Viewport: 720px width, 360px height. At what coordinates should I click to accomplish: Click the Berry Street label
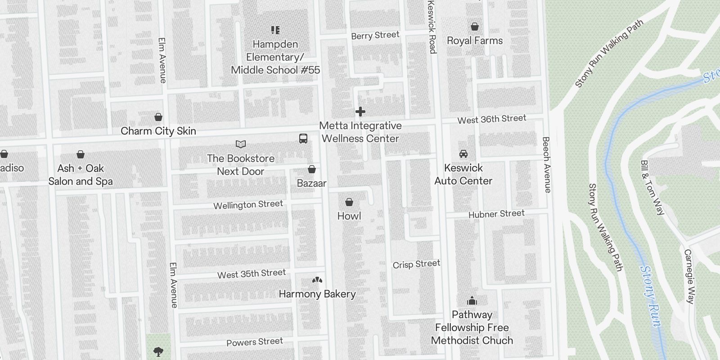(375, 35)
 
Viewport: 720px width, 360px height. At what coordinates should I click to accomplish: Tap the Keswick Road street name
(432, 27)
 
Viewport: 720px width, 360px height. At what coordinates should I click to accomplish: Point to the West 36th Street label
(491, 119)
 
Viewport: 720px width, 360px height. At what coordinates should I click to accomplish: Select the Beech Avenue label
(546, 165)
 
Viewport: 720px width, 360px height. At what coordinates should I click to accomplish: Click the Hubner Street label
(496, 214)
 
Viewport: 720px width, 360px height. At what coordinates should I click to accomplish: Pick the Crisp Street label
(416, 264)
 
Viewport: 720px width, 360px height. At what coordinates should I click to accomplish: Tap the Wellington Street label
(248, 205)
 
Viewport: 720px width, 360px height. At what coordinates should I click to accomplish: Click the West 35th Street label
(251, 274)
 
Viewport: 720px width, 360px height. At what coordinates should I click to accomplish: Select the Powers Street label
(254, 342)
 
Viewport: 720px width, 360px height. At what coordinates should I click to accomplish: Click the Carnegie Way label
(689, 276)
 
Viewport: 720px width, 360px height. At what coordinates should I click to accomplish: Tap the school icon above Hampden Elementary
(275, 30)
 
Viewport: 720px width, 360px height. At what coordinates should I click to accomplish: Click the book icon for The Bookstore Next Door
(241, 144)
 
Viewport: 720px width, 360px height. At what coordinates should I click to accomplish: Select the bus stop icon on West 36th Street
(303, 139)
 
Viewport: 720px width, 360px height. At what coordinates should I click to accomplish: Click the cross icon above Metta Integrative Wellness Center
(360, 112)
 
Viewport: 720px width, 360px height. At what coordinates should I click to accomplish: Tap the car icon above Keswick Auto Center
(463, 154)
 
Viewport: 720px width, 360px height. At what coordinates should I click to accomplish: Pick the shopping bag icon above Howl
(349, 202)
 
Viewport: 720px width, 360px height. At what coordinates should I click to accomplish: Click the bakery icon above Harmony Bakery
(317, 280)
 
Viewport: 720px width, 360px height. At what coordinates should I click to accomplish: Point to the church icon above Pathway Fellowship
(472, 301)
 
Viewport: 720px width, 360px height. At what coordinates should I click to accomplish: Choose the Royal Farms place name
(475, 40)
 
